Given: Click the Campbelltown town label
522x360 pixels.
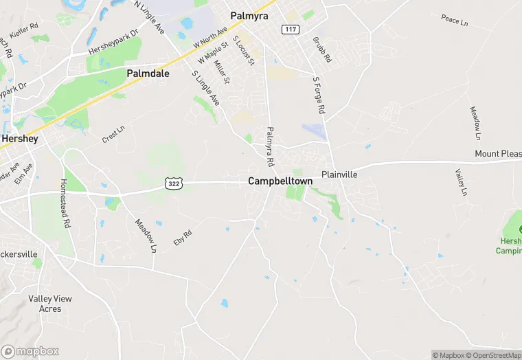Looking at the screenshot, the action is [x=280, y=181].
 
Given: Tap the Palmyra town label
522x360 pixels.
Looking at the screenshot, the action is [x=249, y=14].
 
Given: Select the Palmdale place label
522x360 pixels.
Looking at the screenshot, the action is [x=148, y=73].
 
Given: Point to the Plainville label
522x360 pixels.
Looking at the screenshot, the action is [x=340, y=175].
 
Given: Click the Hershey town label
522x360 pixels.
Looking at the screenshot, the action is [x=19, y=138].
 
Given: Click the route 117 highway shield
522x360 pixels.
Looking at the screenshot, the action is [x=289, y=29].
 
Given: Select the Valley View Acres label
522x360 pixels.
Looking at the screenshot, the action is [x=49, y=304].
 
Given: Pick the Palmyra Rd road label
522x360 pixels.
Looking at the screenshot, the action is [x=271, y=146].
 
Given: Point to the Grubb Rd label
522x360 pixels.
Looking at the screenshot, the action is [x=321, y=50].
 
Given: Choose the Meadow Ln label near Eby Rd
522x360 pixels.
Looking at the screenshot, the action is [x=146, y=236].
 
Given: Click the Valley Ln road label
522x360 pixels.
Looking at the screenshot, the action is [x=462, y=183].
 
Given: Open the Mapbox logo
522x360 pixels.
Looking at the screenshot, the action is [x=30, y=351].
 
